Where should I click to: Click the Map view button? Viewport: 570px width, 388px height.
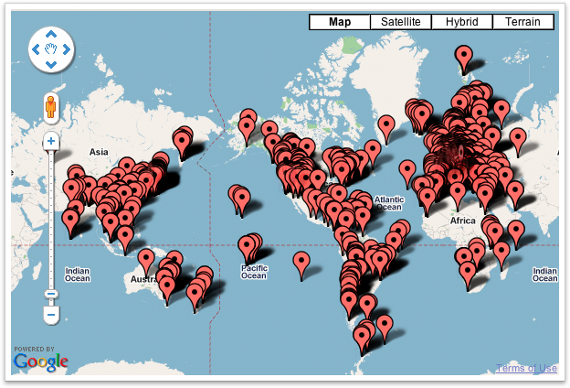[x=340, y=22]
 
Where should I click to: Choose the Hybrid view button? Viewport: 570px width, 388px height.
[x=461, y=22]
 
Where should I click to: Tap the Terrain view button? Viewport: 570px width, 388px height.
[x=522, y=22]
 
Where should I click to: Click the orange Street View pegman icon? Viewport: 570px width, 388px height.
[x=52, y=108]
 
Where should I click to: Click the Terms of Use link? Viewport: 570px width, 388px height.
[x=526, y=368]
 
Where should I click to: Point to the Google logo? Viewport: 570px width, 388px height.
[x=41, y=361]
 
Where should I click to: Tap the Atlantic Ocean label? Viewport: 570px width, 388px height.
[x=389, y=202]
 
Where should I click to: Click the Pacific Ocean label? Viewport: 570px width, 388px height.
[x=253, y=270]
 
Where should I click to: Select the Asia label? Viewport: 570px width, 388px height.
[x=99, y=151]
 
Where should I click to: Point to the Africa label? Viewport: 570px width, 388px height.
[x=463, y=221]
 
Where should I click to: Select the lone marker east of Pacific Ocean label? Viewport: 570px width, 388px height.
[x=302, y=264]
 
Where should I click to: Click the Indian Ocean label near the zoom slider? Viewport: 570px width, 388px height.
[x=78, y=273]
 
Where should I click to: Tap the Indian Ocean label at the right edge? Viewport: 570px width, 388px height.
[x=544, y=274]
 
